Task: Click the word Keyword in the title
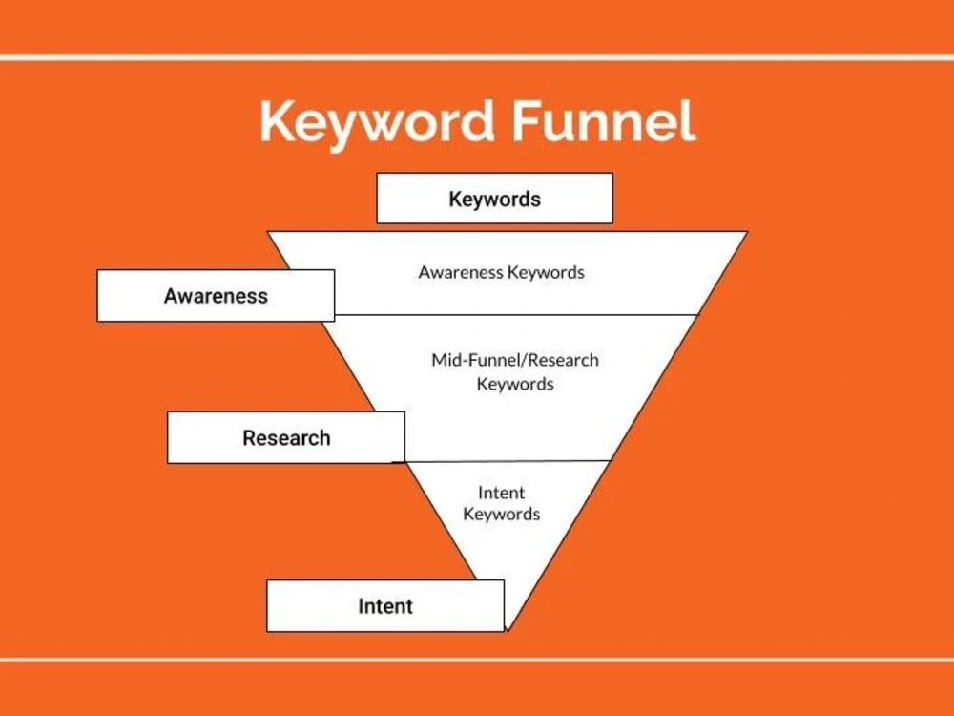click(377, 123)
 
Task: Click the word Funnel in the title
click(604, 120)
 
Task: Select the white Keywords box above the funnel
click(494, 199)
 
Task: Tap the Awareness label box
click(216, 296)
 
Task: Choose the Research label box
click(286, 438)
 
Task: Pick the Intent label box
click(385, 606)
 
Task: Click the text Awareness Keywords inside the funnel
click(502, 272)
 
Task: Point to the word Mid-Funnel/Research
click(515, 360)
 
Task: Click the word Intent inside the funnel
click(502, 492)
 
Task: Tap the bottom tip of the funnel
click(508, 630)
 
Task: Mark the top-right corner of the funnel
click(747, 232)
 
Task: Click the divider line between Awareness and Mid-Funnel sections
click(516, 315)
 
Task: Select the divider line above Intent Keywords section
click(508, 461)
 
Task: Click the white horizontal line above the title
click(477, 58)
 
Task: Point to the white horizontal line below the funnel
click(477, 660)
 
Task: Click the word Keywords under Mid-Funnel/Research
click(515, 384)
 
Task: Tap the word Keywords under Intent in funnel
click(502, 514)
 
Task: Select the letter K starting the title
click(278, 120)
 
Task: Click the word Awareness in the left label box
click(216, 296)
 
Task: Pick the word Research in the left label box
click(286, 438)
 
